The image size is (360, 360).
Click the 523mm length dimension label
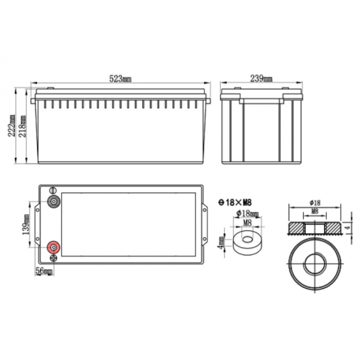tap(121, 79)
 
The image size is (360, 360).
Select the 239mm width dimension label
tap(261, 79)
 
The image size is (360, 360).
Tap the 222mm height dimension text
tap(11, 125)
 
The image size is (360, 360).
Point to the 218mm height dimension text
tap(22, 126)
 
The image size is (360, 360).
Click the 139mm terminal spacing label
tap(26, 224)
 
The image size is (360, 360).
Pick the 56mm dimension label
tap(44, 271)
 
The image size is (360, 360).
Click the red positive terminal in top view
tap(53, 247)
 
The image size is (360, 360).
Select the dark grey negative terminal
tap(53, 202)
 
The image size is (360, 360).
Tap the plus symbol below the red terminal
tap(53, 258)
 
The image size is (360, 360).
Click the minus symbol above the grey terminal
tap(53, 190)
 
